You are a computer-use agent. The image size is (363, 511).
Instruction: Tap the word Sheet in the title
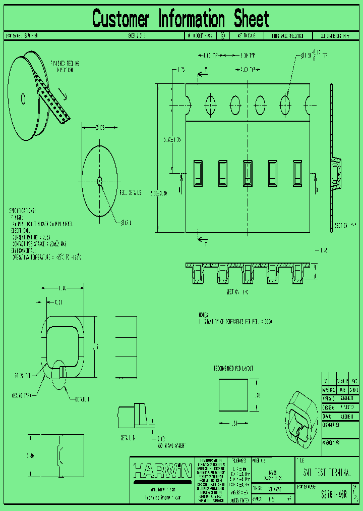[251, 19]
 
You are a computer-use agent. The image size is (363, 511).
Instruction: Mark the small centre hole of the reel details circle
[99, 180]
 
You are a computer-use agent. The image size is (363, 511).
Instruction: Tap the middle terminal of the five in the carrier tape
[248, 173]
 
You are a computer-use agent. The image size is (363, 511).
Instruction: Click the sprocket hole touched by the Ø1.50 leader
[285, 106]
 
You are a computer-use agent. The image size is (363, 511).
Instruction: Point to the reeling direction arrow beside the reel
[61, 93]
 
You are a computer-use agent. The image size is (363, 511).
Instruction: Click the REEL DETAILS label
[131, 192]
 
